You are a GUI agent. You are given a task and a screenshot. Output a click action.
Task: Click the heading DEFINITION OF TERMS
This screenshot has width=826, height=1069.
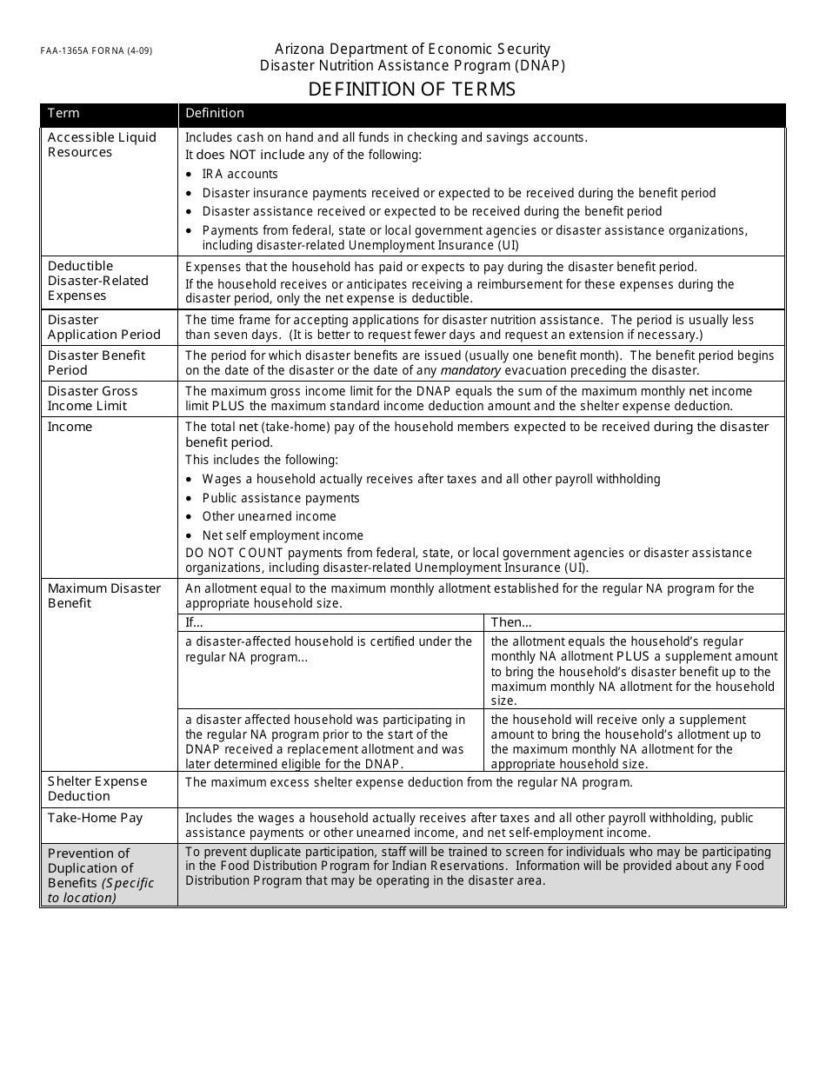(412, 90)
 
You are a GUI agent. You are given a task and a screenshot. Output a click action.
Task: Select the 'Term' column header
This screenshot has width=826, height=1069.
(63, 113)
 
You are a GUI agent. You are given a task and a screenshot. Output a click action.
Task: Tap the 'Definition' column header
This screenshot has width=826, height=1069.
(215, 113)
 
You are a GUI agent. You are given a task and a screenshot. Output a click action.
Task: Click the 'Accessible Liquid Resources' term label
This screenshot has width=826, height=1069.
(102, 145)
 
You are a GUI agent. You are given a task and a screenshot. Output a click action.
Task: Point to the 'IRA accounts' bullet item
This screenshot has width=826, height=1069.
(240, 174)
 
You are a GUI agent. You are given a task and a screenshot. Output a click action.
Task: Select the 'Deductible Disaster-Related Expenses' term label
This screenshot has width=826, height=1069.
(98, 281)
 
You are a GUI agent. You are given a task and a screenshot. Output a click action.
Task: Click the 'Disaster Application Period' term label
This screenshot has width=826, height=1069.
(103, 328)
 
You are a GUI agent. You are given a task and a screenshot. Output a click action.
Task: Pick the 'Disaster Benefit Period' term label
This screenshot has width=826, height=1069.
(97, 363)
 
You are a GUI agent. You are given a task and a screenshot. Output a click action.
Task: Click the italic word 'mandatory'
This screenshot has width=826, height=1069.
(470, 370)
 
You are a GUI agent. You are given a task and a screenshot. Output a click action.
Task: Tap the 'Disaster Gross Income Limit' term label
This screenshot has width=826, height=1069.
(92, 399)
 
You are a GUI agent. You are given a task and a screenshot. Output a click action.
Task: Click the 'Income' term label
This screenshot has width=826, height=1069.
(70, 427)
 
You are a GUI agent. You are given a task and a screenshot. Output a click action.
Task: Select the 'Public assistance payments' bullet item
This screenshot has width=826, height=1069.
(281, 498)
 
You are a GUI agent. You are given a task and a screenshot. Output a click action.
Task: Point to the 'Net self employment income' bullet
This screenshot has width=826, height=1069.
(283, 535)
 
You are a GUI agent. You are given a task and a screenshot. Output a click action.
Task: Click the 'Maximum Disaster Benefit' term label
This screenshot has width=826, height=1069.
(103, 596)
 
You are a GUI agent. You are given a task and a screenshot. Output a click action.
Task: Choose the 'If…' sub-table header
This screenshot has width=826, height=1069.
(194, 622)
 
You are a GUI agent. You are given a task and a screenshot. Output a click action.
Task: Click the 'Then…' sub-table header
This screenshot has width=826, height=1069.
(511, 622)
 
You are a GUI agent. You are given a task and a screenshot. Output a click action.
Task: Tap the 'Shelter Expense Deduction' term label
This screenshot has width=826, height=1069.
(97, 789)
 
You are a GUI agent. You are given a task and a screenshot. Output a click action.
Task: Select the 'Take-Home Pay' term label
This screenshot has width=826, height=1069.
(95, 818)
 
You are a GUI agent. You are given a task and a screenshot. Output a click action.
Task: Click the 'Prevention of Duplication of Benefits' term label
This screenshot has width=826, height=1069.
(100, 875)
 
